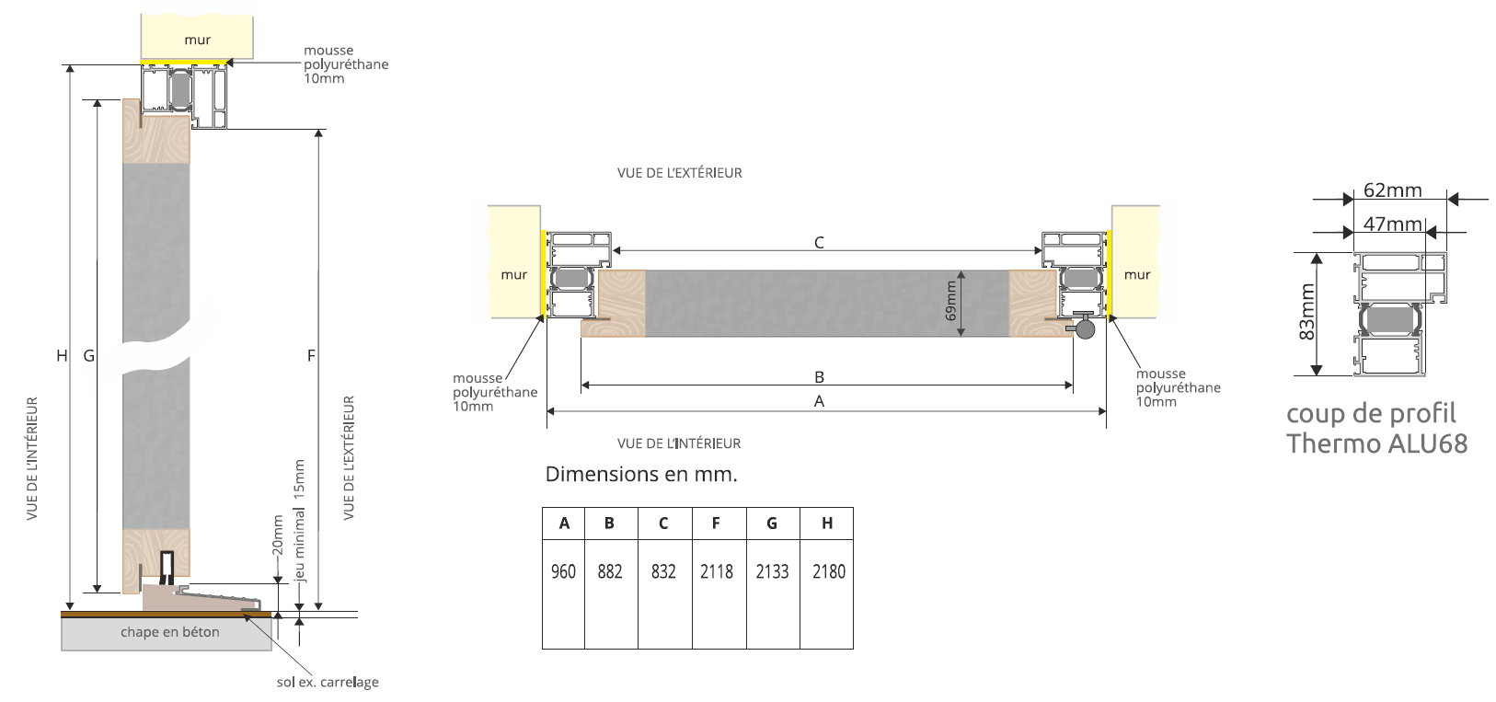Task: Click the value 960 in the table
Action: tap(563, 571)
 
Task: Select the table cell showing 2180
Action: tap(828, 571)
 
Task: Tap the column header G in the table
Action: tap(772, 524)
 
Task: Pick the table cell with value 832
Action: tap(663, 571)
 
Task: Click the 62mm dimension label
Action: tap(1392, 190)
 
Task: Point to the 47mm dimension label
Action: tap(1392, 224)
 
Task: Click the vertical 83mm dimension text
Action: tap(1306, 313)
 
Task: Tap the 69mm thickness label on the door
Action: tap(951, 301)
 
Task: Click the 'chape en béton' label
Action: tap(170, 632)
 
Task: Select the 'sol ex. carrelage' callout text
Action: tap(328, 682)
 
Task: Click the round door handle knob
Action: tap(1086, 328)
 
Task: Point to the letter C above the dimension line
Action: tap(819, 242)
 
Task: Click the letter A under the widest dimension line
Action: tap(819, 401)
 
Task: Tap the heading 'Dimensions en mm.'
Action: tap(641, 475)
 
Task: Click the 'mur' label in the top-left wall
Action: tap(197, 40)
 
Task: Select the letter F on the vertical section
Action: tap(311, 355)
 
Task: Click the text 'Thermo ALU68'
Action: tap(1376, 443)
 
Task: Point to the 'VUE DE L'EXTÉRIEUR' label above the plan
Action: tap(679, 173)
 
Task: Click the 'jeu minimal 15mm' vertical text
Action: tap(299, 521)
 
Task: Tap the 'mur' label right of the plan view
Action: tap(1137, 274)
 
